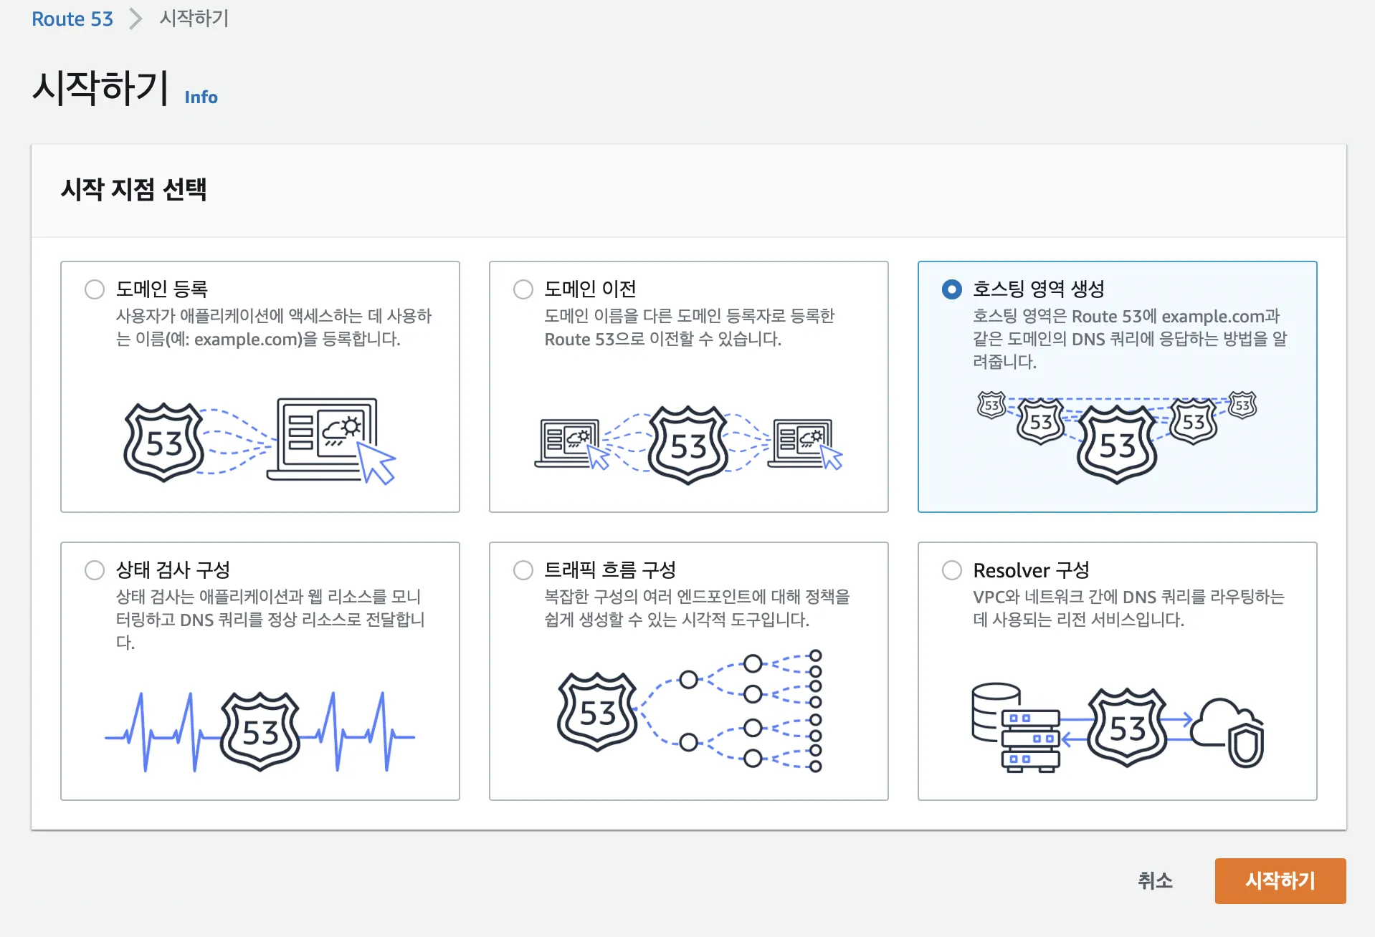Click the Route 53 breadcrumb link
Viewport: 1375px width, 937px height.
click(x=72, y=19)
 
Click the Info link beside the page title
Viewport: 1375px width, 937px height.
click(x=201, y=97)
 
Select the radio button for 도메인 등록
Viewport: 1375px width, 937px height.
click(x=95, y=289)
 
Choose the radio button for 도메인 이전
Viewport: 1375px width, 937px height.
click(x=523, y=289)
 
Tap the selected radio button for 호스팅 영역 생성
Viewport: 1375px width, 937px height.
click(x=951, y=289)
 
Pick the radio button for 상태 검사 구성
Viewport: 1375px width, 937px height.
click(x=95, y=570)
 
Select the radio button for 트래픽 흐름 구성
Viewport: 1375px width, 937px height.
click(x=523, y=570)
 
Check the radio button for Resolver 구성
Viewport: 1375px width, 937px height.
click(x=951, y=570)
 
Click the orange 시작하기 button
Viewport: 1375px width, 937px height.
click(x=1280, y=880)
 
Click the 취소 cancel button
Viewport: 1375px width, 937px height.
click(x=1155, y=880)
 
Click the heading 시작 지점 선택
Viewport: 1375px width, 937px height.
click(x=134, y=190)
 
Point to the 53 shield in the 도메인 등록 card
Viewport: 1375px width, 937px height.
click(x=164, y=443)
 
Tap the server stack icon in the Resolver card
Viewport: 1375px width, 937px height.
click(x=1015, y=726)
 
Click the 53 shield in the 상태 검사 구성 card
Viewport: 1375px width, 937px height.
click(x=260, y=731)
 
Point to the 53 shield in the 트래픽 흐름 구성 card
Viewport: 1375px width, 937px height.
click(x=597, y=712)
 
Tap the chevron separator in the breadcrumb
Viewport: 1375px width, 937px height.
click(x=135, y=19)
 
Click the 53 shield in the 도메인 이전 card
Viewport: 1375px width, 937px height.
click(x=688, y=446)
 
